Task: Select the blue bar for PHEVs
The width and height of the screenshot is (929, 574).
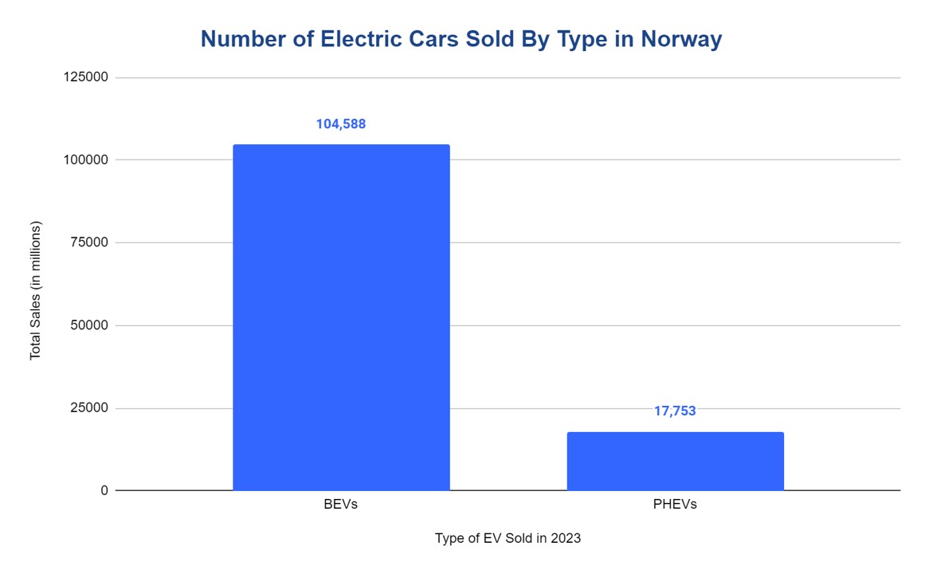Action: tap(675, 462)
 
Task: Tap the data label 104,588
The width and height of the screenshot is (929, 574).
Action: tap(341, 124)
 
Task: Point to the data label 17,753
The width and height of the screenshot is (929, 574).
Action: tap(675, 411)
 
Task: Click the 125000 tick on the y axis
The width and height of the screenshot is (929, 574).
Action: tap(88, 77)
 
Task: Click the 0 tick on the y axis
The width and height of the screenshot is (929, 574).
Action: tap(104, 491)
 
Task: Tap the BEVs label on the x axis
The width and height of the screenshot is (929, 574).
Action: tap(341, 505)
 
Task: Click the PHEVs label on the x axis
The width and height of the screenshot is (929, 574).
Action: tap(675, 505)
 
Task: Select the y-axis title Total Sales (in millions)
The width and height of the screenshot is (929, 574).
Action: tap(35, 290)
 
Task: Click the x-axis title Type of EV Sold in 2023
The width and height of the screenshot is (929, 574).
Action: tap(508, 538)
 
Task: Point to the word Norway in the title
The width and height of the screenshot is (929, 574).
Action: tap(682, 39)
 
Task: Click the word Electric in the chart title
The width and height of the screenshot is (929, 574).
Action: tap(357, 39)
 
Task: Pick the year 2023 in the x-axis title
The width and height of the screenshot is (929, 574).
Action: tap(566, 538)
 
